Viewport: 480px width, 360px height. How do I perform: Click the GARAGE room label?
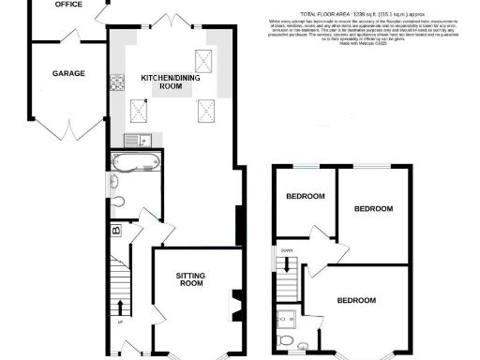click(68, 73)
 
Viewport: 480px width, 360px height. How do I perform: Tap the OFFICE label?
click(67, 5)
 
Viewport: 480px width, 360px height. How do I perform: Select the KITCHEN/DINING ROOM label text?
click(161, 81)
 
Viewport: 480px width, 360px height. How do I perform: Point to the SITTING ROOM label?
click(190, 278)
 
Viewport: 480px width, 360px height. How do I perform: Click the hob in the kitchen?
click(119, 82)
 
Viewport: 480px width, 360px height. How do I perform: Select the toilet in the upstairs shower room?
click(290, 339)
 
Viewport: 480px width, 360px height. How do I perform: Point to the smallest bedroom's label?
click(306, 197)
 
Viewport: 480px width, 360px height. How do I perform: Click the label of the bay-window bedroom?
click(356, 301)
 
